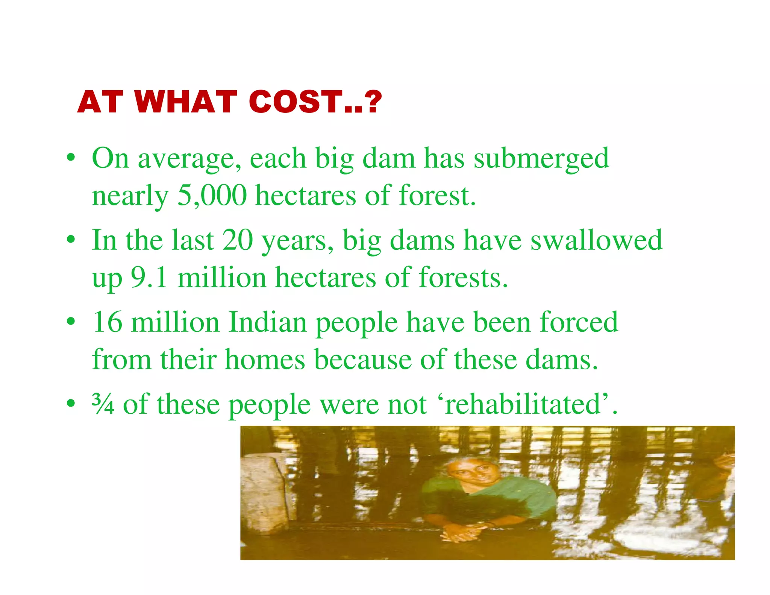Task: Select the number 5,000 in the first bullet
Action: coord(212,196)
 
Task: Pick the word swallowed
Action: coord(596,240)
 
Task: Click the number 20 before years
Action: coord(237,240)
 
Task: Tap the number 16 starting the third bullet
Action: coord(108,322)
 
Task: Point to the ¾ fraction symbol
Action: coord(103,404)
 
